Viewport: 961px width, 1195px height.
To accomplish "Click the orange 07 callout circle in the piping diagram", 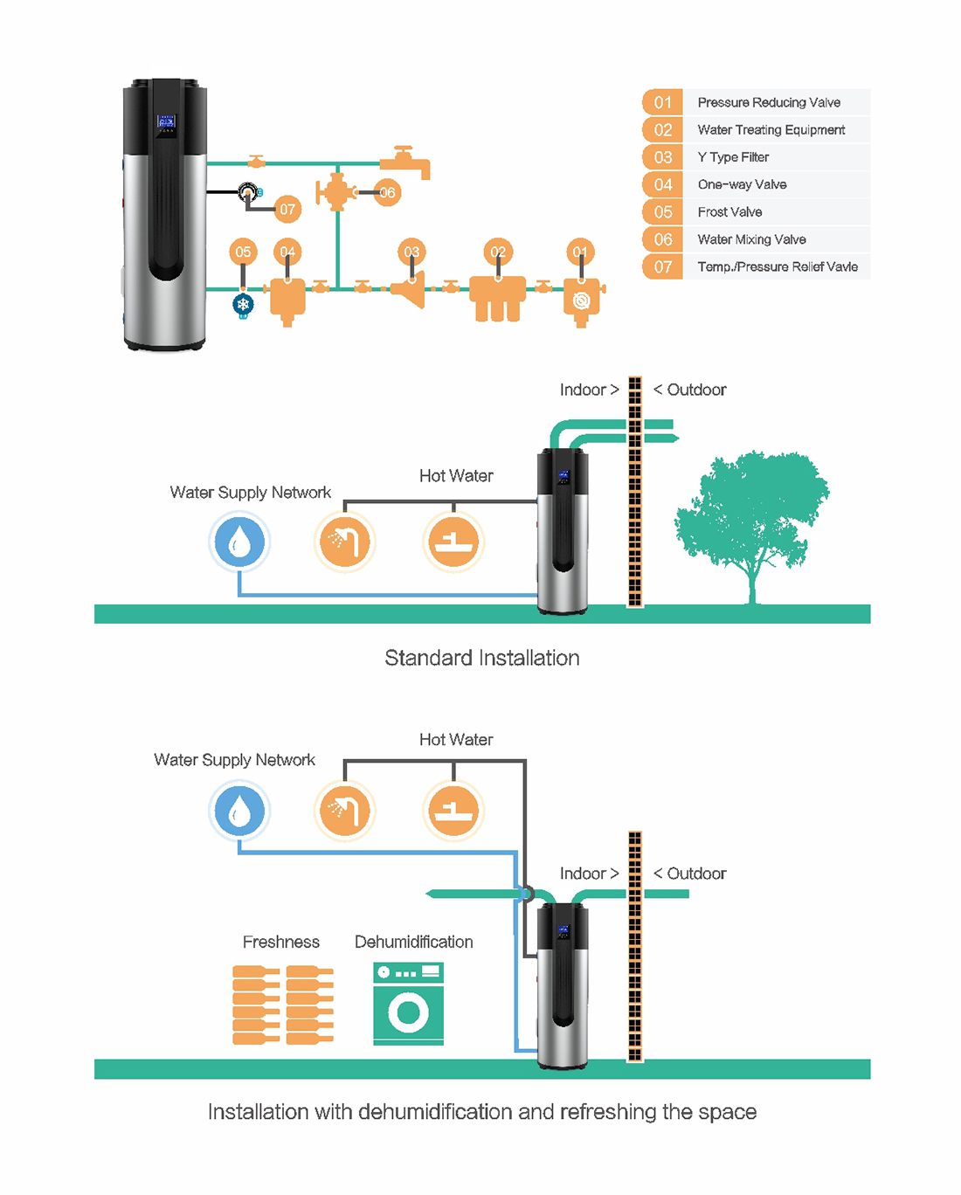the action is coord(287,209).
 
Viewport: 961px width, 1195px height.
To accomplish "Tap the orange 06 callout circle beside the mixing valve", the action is coord(387,192).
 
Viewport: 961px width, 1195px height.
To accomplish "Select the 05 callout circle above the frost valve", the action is coord(243,252).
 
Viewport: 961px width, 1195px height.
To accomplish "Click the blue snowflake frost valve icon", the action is coord(243,305).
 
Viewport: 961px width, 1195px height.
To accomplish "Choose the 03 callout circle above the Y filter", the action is coord(411,252).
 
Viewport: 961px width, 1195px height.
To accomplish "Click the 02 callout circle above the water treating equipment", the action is coord(498,252).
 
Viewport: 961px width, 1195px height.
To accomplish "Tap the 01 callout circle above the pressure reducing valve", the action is coord(580,252).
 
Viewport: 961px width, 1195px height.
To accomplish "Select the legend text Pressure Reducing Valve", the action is coord(768,102).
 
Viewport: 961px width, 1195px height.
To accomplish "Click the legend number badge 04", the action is coord(662,184).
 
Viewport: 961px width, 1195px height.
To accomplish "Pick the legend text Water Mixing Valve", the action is coord(751,239).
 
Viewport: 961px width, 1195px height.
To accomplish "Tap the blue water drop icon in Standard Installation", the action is coord(239,541).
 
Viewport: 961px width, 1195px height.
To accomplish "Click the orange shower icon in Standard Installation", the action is coord(344,541).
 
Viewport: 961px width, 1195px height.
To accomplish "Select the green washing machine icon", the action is coord(408,1004).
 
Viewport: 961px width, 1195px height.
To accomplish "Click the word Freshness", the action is coord(281,942).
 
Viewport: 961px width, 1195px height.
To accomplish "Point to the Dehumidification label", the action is coord(414,942).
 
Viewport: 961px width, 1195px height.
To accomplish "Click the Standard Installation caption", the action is coord(481,658).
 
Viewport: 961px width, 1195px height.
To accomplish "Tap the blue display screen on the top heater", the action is coord(166,121).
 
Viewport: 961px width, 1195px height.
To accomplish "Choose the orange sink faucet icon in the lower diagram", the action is coord(453,810).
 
